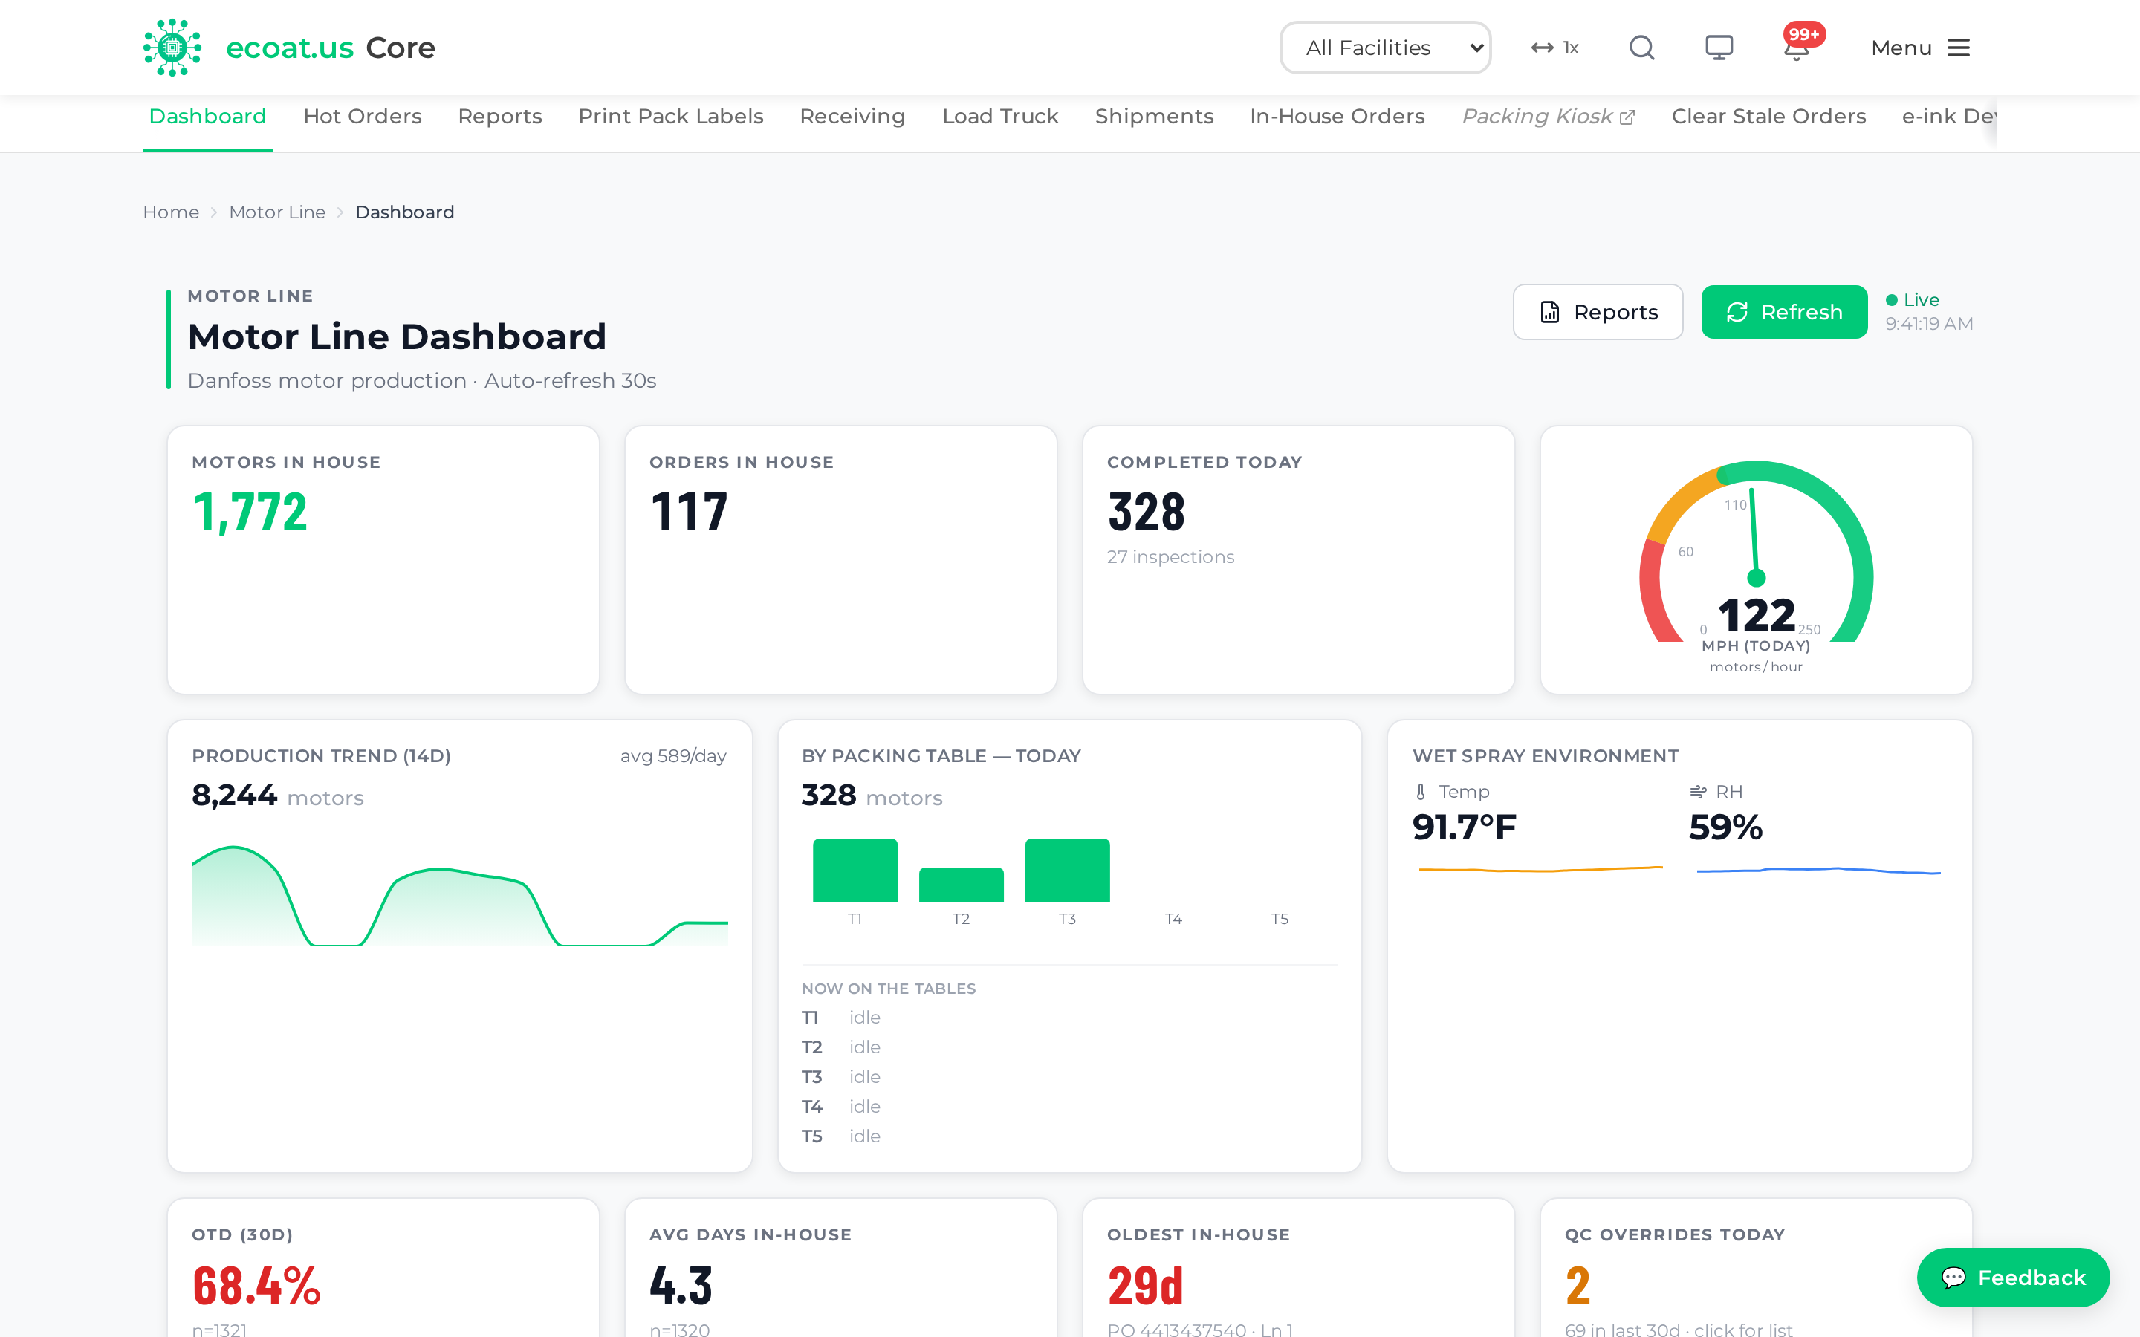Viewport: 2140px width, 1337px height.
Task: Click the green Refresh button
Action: coord(1783,312)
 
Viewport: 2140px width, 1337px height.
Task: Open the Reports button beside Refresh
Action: coord(1598,312)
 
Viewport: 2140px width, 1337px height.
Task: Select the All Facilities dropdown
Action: coord(1385,48)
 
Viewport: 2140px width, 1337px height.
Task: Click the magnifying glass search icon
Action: coord(1642,48)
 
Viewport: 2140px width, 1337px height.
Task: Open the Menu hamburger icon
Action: coord(1959,48)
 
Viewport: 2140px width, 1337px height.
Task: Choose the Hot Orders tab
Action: coord(363,117)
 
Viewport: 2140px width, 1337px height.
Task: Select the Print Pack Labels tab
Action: coord(670,117)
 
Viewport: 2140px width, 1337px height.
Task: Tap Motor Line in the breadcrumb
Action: coord(276,212)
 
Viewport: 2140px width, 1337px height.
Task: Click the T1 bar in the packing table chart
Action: coord(855,870)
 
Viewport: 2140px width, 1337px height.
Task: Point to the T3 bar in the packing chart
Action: coord(1067,870)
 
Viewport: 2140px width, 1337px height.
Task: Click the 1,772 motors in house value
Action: coord(250,513)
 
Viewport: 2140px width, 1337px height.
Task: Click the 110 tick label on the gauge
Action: coord(1735,505)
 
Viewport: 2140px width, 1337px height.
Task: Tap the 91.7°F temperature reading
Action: coord(1465,827)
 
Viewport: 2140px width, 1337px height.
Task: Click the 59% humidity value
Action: coord(1725,827)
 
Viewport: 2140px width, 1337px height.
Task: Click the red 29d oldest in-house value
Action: coord(1145,1286)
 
